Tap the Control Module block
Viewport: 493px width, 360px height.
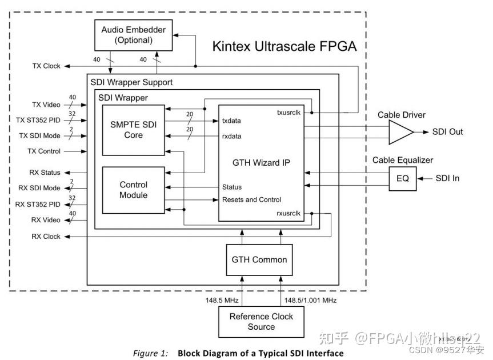pos(133,190)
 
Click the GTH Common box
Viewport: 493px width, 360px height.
pos(259,259)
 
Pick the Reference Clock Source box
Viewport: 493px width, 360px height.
pos(261,322)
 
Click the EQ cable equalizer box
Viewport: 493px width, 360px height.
pos(403,178)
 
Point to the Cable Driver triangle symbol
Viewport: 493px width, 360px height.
pos(400,133)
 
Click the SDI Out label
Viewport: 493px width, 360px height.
pos(447,132)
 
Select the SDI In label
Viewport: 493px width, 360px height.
pos(447,178)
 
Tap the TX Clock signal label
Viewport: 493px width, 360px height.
pos(46,66)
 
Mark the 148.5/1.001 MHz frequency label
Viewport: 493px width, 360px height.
pos(311,300)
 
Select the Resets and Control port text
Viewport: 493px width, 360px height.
pos(251,199)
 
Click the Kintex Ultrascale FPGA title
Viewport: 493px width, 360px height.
pos(284,46)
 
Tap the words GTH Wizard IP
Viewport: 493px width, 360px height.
pos(260,162)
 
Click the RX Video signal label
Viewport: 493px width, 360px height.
pos(45,220)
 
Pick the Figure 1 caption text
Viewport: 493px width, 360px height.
pos(238,353)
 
